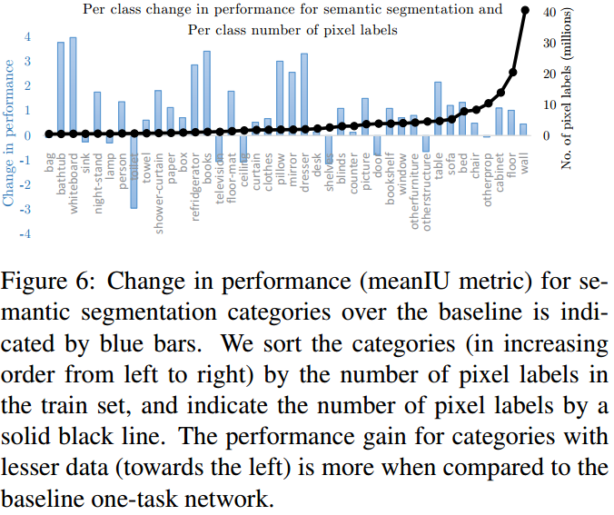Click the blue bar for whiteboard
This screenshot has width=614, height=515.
pyautogui.click(x=73, y=86)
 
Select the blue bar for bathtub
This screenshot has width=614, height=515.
pyautogui.click(x=61, y=89)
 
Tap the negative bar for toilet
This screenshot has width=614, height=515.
pyautogui.click(x=134, y=172)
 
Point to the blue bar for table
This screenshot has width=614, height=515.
pyautogui.click(x=438, y=108)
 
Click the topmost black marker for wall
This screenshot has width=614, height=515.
pyautogui.click(x=525, y=11)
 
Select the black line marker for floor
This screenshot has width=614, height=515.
pyautogui.click(x=512, y=73)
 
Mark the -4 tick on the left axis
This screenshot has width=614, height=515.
pyautogui.click(x=27, y=234)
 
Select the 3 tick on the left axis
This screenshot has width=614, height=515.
pyautogui.click(x=27, y=62)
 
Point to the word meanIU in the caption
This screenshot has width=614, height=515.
pyautogui.click(x=386, y=281)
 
